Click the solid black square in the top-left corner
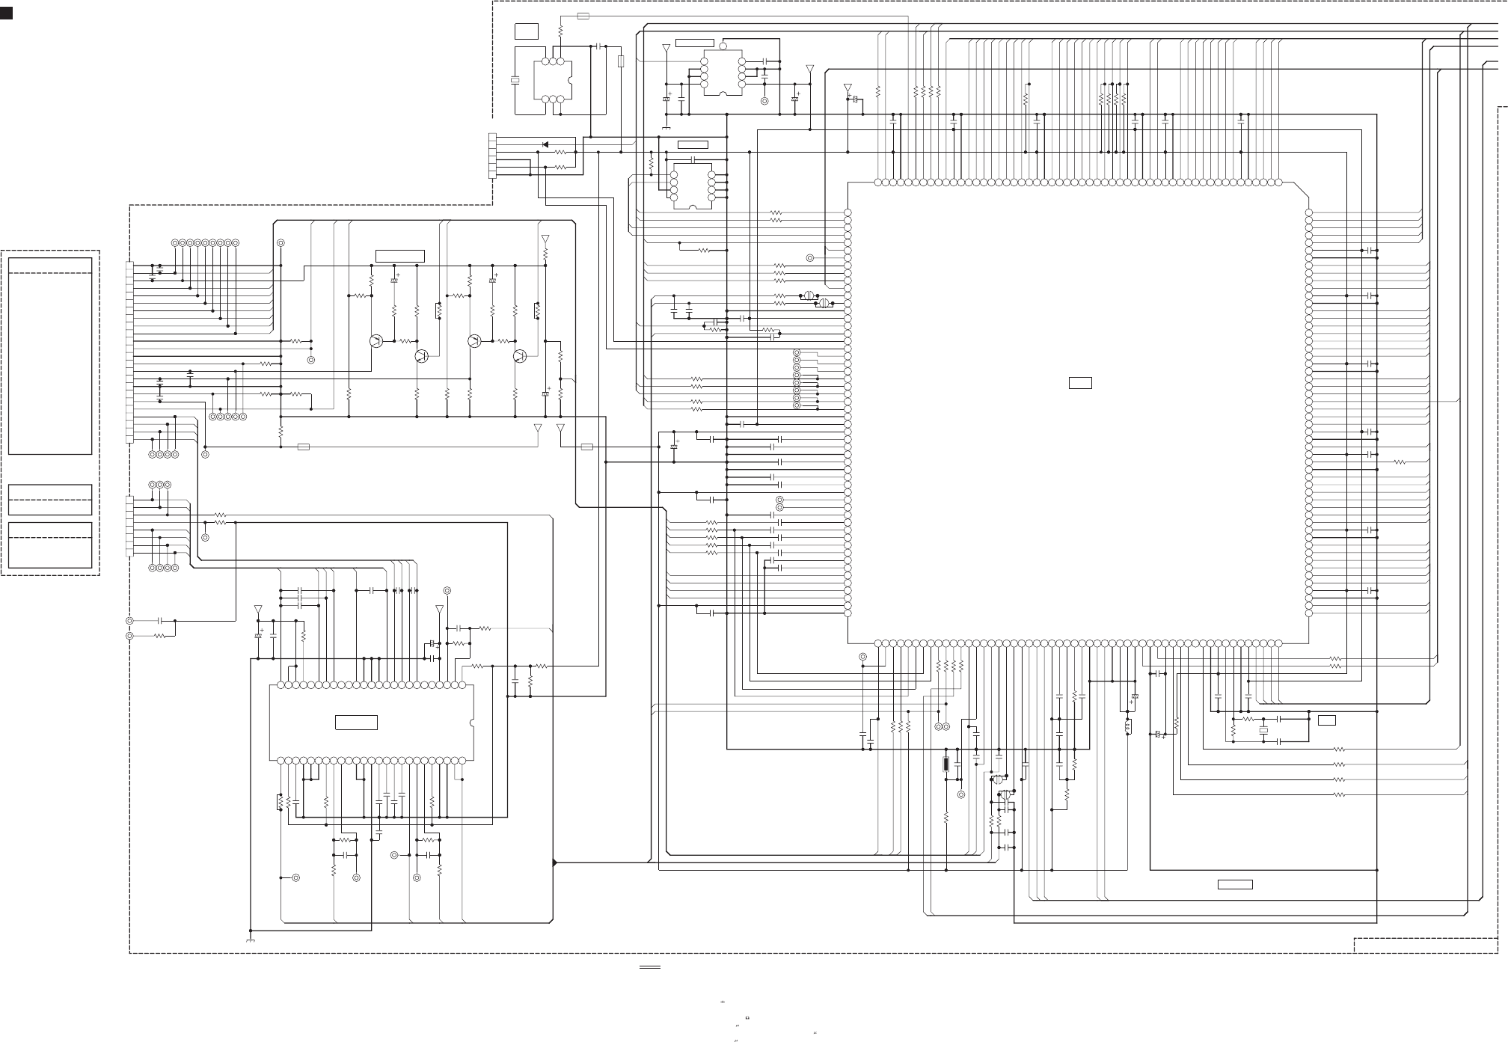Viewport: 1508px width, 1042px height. [6, 13]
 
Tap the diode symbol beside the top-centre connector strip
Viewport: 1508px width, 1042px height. [545, 144]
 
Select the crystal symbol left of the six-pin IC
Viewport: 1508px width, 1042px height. [514, 81]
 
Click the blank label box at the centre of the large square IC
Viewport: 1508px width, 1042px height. [1079, 383]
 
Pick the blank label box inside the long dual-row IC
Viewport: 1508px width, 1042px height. [356, 723]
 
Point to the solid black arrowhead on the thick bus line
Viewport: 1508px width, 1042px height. [554, 862]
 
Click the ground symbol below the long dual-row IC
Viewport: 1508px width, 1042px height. [250, 940]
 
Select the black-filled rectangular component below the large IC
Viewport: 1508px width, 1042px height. [946, 764]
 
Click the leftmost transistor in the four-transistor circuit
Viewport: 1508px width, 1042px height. [376, 341]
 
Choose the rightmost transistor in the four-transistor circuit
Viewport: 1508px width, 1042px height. [520, 356]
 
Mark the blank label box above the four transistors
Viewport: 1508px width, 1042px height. [399, 256]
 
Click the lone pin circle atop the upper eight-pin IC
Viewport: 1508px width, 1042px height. [723, 46]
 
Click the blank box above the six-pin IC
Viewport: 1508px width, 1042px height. [526, 31]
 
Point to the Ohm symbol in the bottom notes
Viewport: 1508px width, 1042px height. [747, 1018]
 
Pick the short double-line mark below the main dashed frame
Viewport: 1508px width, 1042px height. [650, 967]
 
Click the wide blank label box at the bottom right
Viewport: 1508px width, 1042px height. [1235, 885]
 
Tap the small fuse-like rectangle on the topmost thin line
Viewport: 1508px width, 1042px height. [583, 16]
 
